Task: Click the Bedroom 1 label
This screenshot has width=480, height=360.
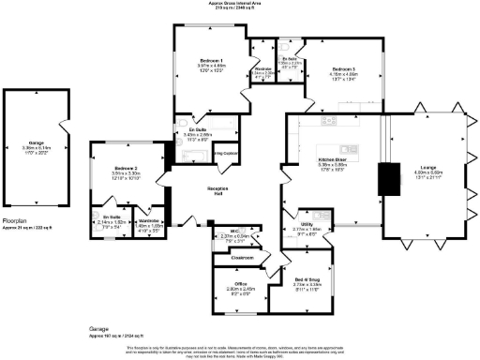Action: click(211, 58)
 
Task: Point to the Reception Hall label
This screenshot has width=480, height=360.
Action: click(219, 188)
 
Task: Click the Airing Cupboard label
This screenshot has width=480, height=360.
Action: click(225, 152)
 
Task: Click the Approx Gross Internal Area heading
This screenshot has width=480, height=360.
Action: click(240, 4)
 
